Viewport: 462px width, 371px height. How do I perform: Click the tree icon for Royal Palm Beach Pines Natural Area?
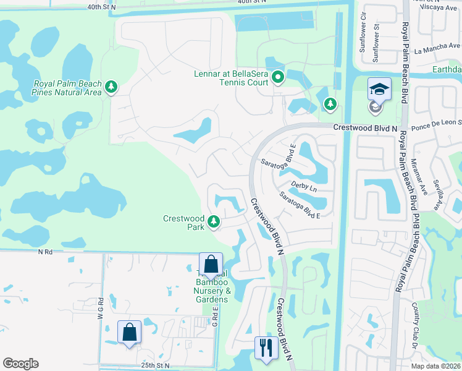click(111, 87)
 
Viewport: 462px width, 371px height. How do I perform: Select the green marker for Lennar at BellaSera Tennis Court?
click(278, 78)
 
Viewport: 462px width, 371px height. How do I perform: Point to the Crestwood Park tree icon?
click(214, 221)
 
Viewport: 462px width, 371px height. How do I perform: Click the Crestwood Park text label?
click(183, 223)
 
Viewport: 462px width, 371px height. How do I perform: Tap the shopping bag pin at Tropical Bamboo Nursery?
click(211, 265)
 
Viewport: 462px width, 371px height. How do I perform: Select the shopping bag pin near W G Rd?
click(129, 333)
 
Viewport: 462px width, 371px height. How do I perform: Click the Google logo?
click(20, 364)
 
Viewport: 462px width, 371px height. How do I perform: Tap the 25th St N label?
click(154, 365)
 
